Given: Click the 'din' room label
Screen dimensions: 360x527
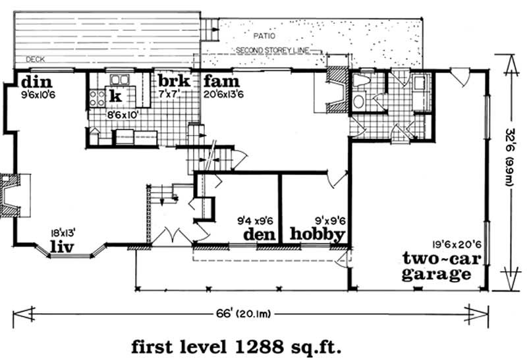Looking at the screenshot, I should pyautogui.click(x=33, y=83).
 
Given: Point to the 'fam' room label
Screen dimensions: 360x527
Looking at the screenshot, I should pyautogui.click(x=217, y=82).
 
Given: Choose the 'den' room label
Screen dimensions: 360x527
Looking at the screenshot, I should pyautogui.click(x=259, y=234).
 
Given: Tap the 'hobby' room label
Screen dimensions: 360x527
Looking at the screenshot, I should pyautogui.click(x=317, y=235).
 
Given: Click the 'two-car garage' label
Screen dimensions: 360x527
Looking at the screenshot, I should pyautogui.click(x=437, y=266).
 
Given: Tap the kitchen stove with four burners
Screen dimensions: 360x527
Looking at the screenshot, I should pyautogui.click(x=96, y=99).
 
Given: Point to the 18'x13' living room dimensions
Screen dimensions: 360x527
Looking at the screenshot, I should pyautogui.click(x=65, y=232).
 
